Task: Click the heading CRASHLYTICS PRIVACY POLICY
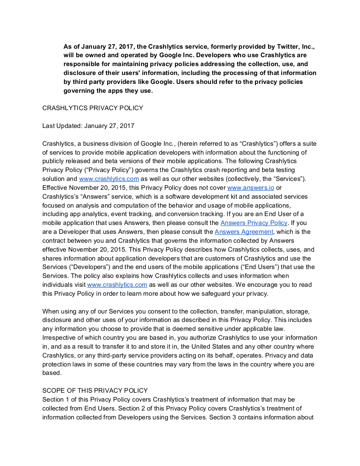93,108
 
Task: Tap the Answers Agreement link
244,232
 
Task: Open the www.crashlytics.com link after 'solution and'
109,179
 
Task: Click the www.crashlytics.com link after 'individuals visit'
117,285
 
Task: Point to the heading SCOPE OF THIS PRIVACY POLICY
95,391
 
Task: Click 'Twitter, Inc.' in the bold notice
294,46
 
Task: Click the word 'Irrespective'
60,338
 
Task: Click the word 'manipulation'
245,311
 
